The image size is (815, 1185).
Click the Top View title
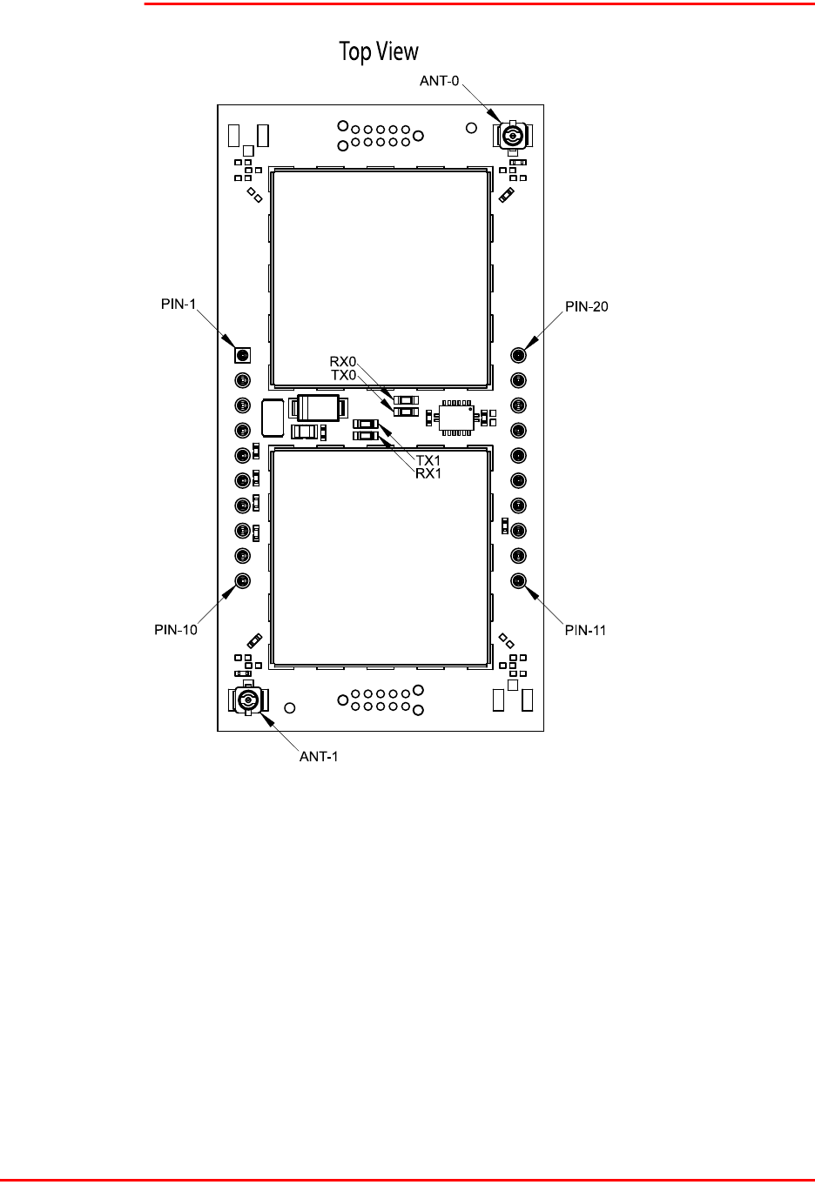pyautogui.click(x=379, y=52)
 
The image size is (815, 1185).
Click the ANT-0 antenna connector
pyautogui.click(x=513, y=136)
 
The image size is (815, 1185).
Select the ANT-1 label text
pyautogui.click(x=319, y=756)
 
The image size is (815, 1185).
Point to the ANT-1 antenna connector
pyautogui.click(x=249, y=700)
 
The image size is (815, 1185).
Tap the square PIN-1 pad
pyautogui.click(x=243, y=355)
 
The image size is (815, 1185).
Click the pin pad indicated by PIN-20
pyautogui.click(x=518, y=355)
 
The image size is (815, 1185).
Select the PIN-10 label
pyautogui.click(x=177, y=629)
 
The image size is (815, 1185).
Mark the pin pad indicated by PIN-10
pyautogui.click(x=243, y=580)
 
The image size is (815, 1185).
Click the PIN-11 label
pyautogui.click(x=585, y=630)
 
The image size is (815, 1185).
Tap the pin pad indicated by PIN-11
pyautogui.click(x=518, y=580)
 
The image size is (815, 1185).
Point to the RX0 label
pyautogui.click(x=343, y=361)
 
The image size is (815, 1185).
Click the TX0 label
pyautogui.click(x=343, y=375)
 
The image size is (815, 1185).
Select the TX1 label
pyautogui.click(x=428, y=460)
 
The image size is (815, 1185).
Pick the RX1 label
pyautogui.click(x=428, y=473)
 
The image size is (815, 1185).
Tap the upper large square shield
pyautogui.click(x=379, y=278)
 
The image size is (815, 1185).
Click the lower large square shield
pyautogui.click(x=379, y=557)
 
